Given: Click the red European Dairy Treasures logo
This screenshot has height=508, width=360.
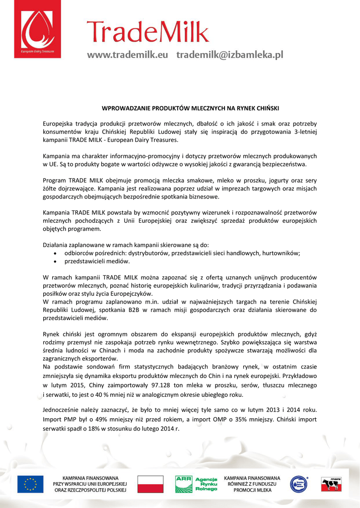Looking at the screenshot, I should point(38,30).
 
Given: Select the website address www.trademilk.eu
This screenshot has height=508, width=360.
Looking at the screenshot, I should point(128,56).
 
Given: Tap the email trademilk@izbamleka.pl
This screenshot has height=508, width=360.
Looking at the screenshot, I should point(229,56).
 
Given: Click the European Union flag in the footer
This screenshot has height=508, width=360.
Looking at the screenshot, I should point(30,484).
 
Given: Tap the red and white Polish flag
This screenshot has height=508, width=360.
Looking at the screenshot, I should point(150,484).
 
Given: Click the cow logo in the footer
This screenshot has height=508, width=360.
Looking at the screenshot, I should point(331,484).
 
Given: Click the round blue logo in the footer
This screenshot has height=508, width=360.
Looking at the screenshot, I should point(298,484).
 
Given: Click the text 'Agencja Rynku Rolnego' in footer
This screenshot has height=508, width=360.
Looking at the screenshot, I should point(206,484).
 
